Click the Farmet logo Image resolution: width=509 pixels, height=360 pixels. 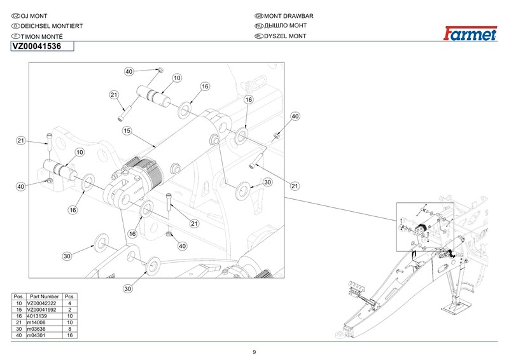click(470, 34)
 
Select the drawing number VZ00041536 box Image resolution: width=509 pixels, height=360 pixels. click(42, 46)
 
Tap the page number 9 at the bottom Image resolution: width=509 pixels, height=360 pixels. click(254, 352)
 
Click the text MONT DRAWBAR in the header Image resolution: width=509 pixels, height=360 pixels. click(289, 16)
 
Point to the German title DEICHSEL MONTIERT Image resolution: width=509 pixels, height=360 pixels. click(52, 26)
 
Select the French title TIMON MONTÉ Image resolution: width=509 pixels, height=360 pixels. click(41, 37)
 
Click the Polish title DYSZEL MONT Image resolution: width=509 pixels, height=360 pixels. click(285, 36)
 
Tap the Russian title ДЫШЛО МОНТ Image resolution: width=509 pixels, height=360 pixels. click(285, 25)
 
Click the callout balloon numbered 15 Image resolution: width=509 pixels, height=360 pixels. click(127, 130)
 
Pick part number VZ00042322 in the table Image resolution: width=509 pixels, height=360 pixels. click(41, 303)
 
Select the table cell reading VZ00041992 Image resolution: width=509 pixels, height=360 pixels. click(41, 310)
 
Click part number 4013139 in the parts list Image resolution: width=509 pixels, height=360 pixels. click(37, 316)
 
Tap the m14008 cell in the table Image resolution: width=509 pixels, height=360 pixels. click(36, 322)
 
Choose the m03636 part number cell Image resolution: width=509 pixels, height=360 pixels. click(36, 329)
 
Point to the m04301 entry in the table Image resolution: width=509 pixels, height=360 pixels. click(36, 335)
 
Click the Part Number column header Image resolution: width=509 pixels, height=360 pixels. click(44, 296)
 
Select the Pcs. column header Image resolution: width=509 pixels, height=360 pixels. click(70, 296)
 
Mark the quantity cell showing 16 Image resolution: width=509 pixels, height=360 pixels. click(70, 335)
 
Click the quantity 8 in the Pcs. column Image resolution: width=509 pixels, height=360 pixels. click(70, 329)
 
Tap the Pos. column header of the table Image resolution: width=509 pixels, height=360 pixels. click(19, 296)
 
